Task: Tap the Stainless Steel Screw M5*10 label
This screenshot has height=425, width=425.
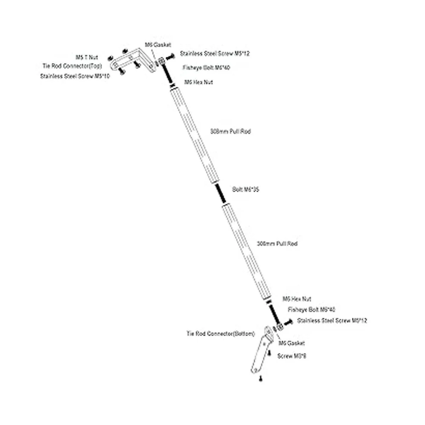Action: (75, 75)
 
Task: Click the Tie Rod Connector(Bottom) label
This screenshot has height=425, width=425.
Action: (221, 334)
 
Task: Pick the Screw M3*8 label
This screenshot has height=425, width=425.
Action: (291, 356)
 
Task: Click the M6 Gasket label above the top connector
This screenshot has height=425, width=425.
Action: (158, 45)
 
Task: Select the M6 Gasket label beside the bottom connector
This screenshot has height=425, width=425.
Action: (291, 343)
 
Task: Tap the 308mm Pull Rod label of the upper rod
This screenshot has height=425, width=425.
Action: (231, 131)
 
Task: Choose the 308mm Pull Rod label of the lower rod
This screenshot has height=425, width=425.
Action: (277, 244)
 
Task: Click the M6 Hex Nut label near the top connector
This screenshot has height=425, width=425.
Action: (199, 82)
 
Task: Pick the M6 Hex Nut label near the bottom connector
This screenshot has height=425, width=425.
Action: (297, 299)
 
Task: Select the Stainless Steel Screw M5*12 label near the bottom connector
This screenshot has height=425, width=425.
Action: (332, 321)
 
